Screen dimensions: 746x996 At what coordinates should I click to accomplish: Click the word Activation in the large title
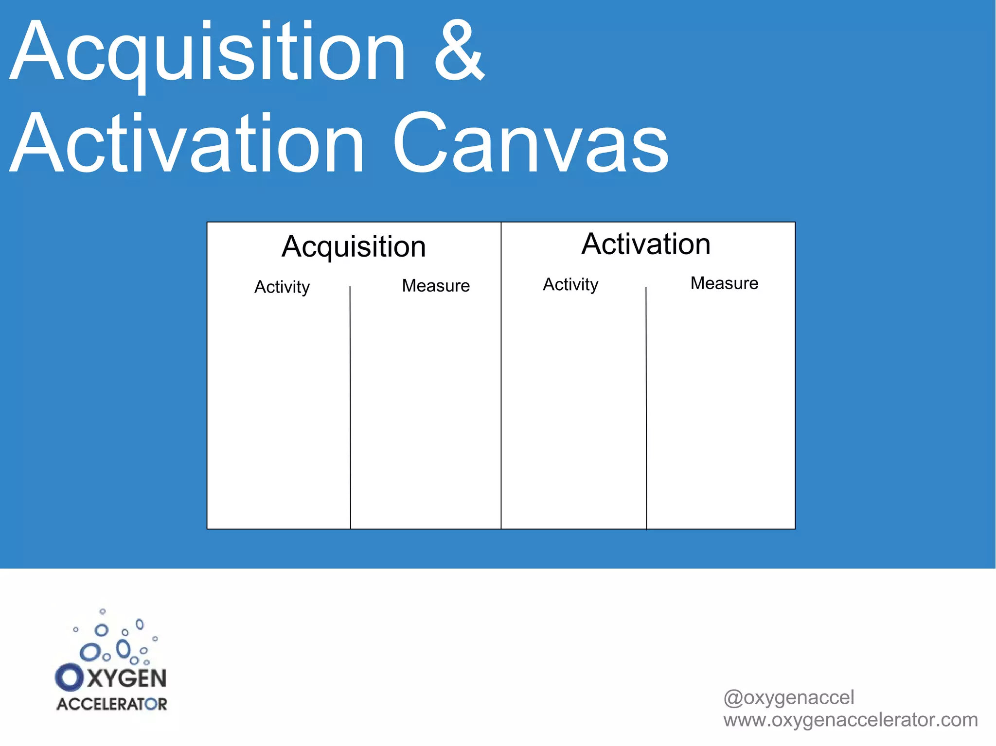[187, 143]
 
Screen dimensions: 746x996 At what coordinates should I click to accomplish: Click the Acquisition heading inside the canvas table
[354, 246]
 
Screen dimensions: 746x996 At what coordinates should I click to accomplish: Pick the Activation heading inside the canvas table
[646, 244]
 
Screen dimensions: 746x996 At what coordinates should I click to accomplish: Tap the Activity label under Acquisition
[282, 287]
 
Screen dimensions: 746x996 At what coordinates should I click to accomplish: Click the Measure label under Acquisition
[436, 286]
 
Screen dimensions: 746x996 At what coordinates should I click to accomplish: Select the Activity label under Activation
[570, 284]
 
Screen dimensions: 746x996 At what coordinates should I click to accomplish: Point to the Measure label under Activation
[724, 283]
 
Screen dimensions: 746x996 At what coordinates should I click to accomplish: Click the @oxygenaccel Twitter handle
[788, 697]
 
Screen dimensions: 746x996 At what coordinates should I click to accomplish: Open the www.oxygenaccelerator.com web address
[850, 720]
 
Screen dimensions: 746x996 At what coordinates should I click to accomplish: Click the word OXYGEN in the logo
[111, 678]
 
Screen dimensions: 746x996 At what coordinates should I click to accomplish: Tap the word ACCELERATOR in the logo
[112, 704]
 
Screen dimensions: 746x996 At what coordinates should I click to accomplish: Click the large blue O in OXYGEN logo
[69, 677]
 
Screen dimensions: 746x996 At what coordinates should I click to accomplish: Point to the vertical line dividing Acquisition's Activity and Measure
[350, 408]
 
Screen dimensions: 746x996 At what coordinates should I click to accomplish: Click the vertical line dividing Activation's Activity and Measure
[646, 408]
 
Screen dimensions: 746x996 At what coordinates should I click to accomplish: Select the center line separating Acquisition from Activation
[501, 389]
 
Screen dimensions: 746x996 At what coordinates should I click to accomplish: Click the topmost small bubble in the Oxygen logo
[102, 611]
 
